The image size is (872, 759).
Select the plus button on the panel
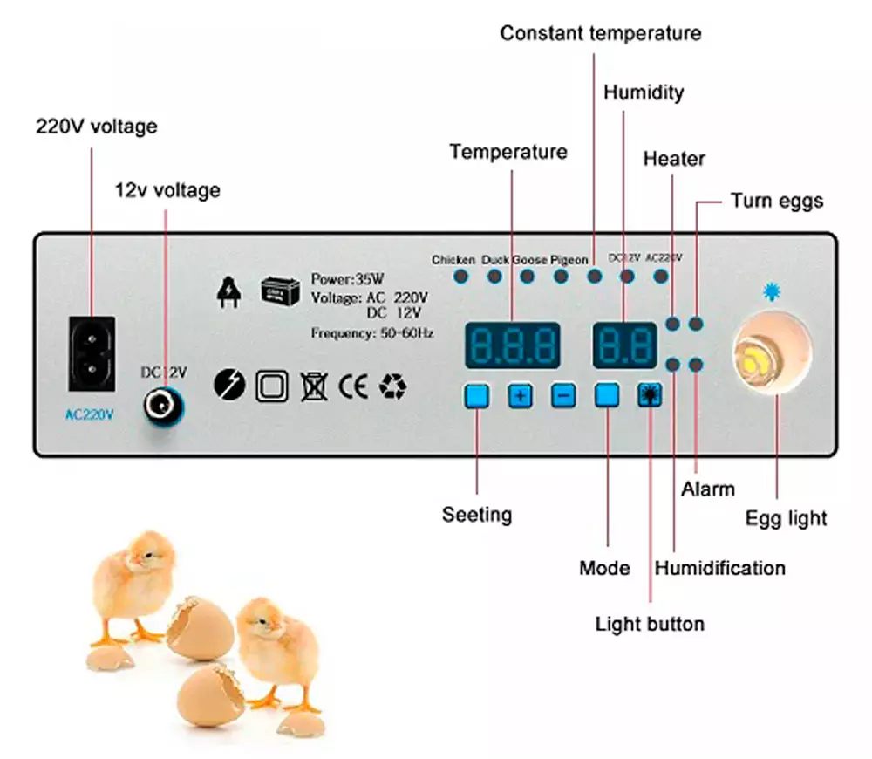click(521, 396)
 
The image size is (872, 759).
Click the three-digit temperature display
click(512, 346)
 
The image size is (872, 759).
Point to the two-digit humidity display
click(624, 346)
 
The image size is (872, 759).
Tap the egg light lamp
click(772, 356)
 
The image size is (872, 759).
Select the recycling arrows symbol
click(392, 386)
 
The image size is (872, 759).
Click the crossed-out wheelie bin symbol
click(313, 386)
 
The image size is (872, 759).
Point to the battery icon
click(280, 291)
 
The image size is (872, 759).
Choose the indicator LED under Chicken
click(460, 277)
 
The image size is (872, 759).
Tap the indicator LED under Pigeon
click(561, 277)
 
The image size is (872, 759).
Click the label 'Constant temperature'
click(600, 34)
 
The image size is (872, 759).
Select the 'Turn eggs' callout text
click(776, 201)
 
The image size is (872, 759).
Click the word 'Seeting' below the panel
click(477, 515)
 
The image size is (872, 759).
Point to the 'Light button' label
click(650, 624)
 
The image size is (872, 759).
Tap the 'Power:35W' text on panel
click(347, 280)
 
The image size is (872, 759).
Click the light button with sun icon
click(650, 396)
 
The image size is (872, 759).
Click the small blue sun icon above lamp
click(771, 292)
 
